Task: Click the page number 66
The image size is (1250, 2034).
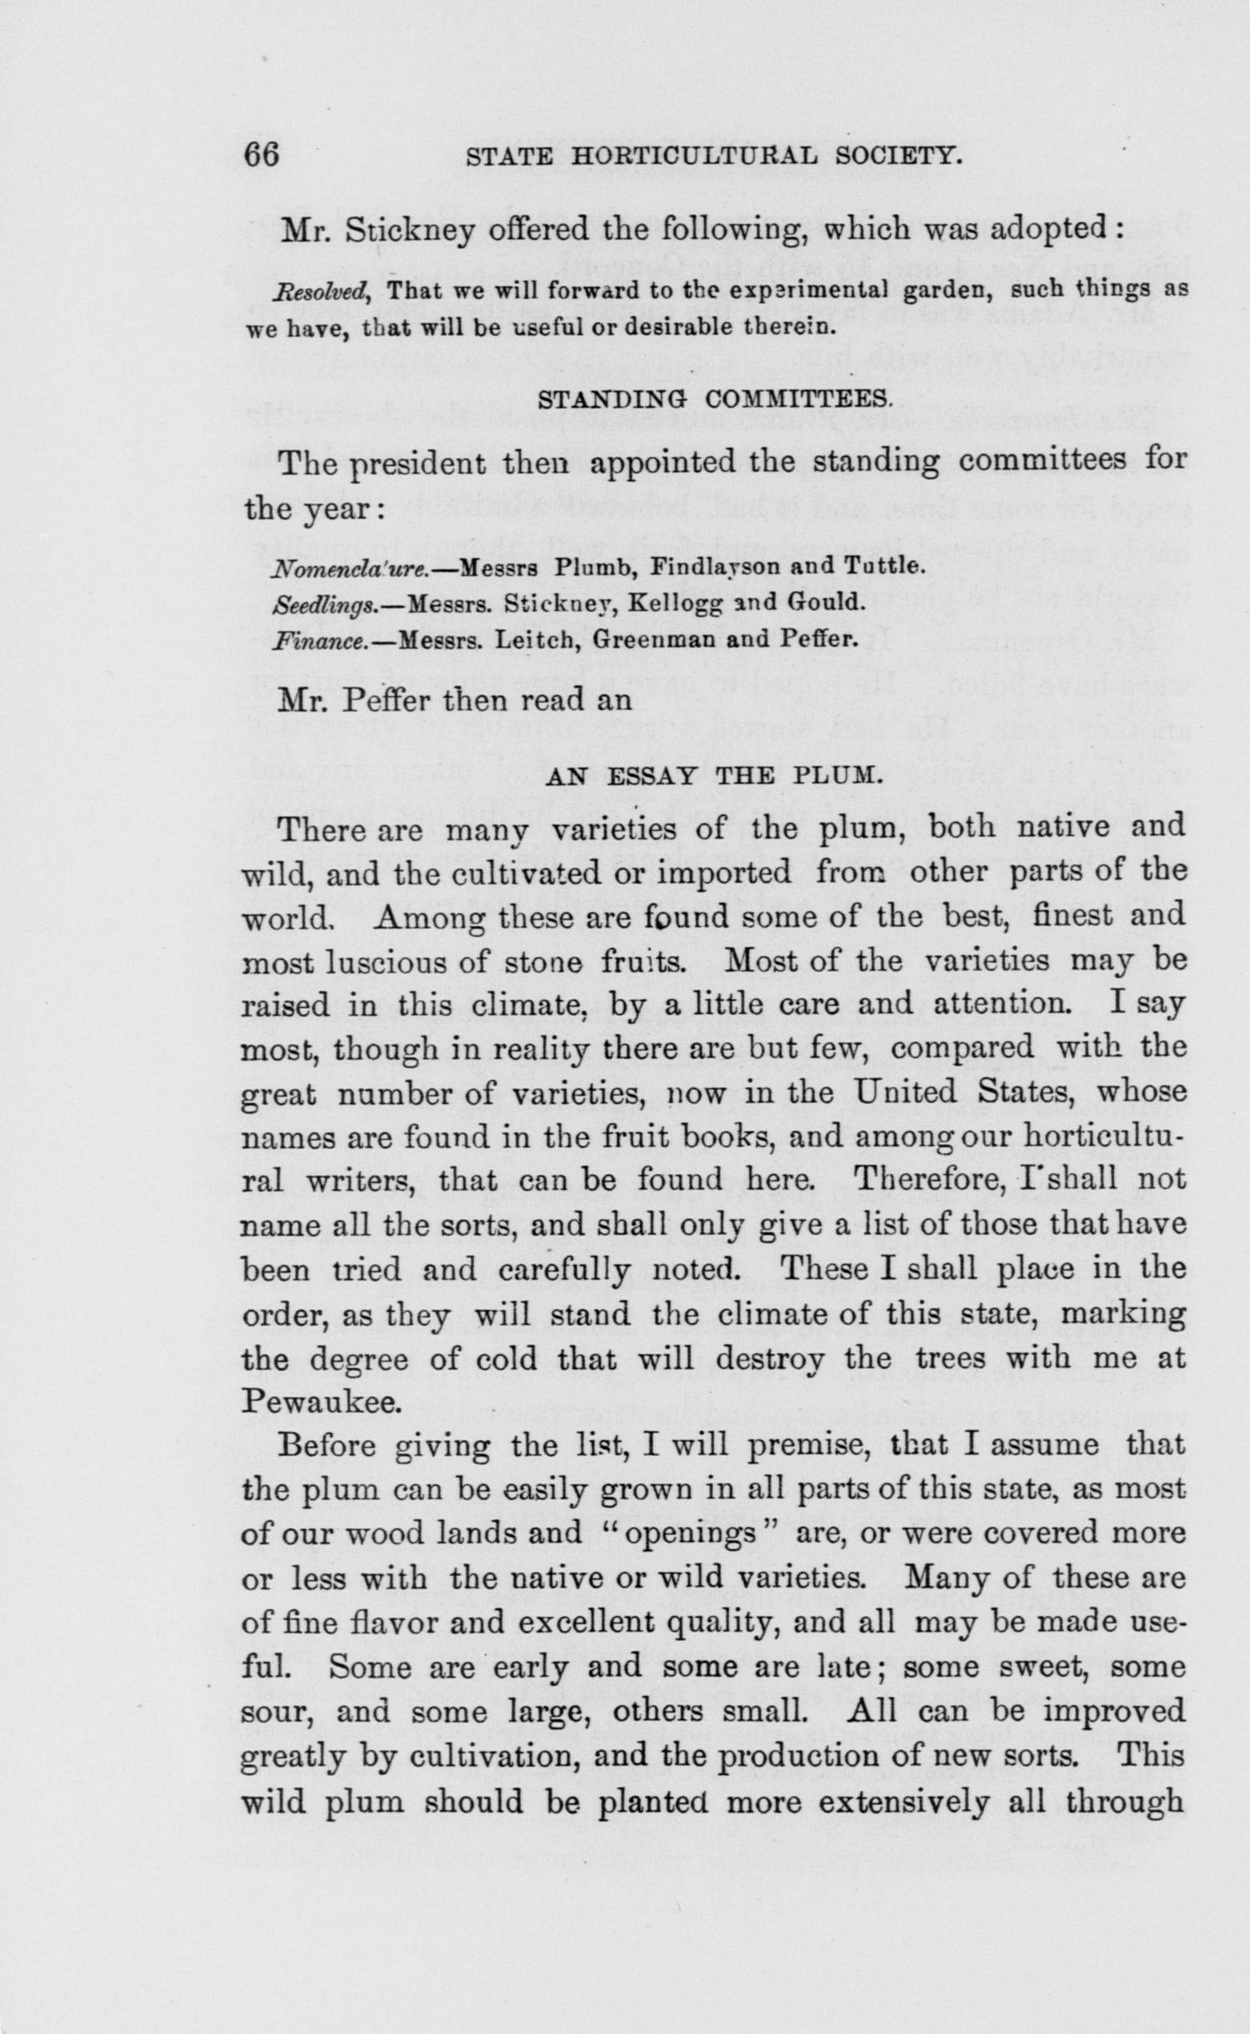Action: pos(262,155)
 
